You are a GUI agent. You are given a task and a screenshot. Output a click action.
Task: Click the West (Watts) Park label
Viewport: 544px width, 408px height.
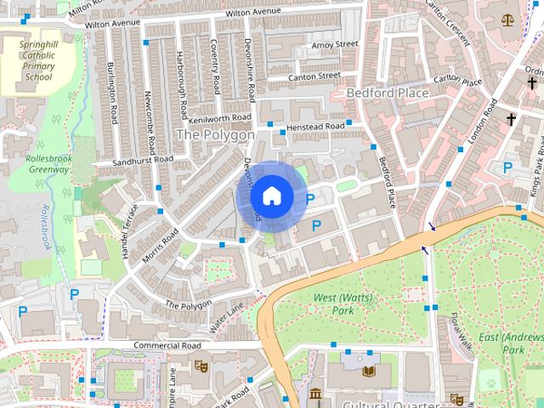(x=332, y=304)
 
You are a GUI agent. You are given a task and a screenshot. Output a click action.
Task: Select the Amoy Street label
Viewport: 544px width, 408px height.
(x=335, y=44)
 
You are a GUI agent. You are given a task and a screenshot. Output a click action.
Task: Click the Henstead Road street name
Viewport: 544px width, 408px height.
(x=315, y=126)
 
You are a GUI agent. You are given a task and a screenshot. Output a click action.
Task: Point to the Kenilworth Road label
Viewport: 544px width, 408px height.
(x=220, y=118)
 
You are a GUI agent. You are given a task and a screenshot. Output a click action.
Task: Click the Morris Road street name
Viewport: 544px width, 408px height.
(x=160, y=245)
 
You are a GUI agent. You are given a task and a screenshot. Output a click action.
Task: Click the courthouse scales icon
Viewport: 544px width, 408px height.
(x=508, y=17)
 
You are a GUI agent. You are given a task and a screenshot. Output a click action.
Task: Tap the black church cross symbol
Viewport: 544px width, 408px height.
(x=511, y=120)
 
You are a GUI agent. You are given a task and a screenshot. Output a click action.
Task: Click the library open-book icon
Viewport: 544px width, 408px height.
(x=368, y=371)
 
